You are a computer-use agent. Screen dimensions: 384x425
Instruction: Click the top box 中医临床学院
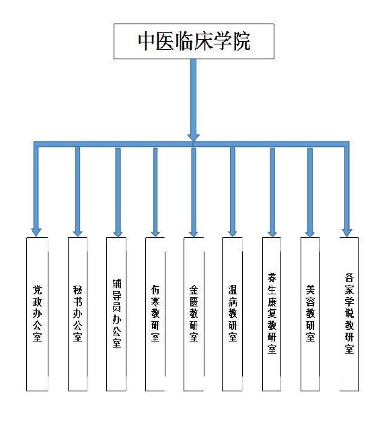pyautogui.click(x=194, y=41)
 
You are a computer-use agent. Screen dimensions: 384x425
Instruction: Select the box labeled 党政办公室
pyautogui.click(x=37, y=314)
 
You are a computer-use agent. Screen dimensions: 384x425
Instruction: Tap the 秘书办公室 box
pyautogui.click(x=77, y=314)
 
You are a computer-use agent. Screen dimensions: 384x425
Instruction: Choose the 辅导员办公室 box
pyautogui.click(x=116, y=314)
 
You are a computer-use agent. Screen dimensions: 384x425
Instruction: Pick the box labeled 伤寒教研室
pyautogui.click(x=155, y=314)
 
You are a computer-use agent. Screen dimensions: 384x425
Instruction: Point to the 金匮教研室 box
pyautogui.click(x=194, y=314)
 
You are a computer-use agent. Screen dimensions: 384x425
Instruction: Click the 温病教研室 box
pyautogui.click(x=232, y=314)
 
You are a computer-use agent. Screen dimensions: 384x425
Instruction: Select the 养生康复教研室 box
pyautogui.click(x=272, y=314)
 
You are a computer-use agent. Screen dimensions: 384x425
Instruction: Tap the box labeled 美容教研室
pyautogui.click(x=311, y=314)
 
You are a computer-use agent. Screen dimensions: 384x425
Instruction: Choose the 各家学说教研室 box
pyautogui.click(x=349, y=314)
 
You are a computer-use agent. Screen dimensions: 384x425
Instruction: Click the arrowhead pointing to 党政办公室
pyautogui.click(x=36, y=232)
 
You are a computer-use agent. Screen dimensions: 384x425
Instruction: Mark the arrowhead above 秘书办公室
pyautogui.click(x=77, y=232)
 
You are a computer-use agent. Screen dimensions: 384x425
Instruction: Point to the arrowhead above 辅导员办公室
pyautogui.click(x=118, y=232)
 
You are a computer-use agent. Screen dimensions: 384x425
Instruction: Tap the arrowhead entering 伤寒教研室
pyautogui.click(x=155, y=232)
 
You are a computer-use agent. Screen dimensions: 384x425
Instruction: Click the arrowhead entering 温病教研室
pyautogui.click(x=233, y=232)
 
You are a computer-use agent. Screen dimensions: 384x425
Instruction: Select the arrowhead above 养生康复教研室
pyautogui.click(x=272, y=232)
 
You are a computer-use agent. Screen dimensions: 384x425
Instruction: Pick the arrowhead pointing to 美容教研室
pyautogui.click(x=310, y=232)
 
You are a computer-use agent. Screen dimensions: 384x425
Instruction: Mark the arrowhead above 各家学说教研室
pyautogui.click(x=347, y=232)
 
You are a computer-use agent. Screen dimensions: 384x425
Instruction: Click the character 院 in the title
pyautogui.click(x=241, y=41)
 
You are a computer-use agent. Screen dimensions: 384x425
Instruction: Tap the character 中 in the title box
pyautogui.click(x=147, y=41)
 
